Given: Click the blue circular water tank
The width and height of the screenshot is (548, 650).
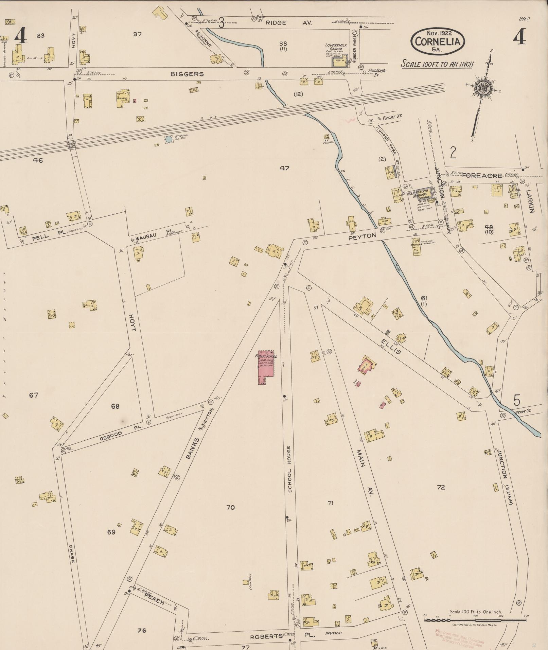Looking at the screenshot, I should coord(169,139).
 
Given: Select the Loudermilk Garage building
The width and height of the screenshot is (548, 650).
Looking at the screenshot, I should coord(339,62).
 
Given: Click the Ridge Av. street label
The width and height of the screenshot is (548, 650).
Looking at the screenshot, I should coord(285,23).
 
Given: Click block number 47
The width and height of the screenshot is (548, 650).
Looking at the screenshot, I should coord(284,168).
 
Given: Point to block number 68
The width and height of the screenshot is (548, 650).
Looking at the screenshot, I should coord(115,406).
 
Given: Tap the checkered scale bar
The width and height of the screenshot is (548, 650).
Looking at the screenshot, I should coord(475,619).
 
